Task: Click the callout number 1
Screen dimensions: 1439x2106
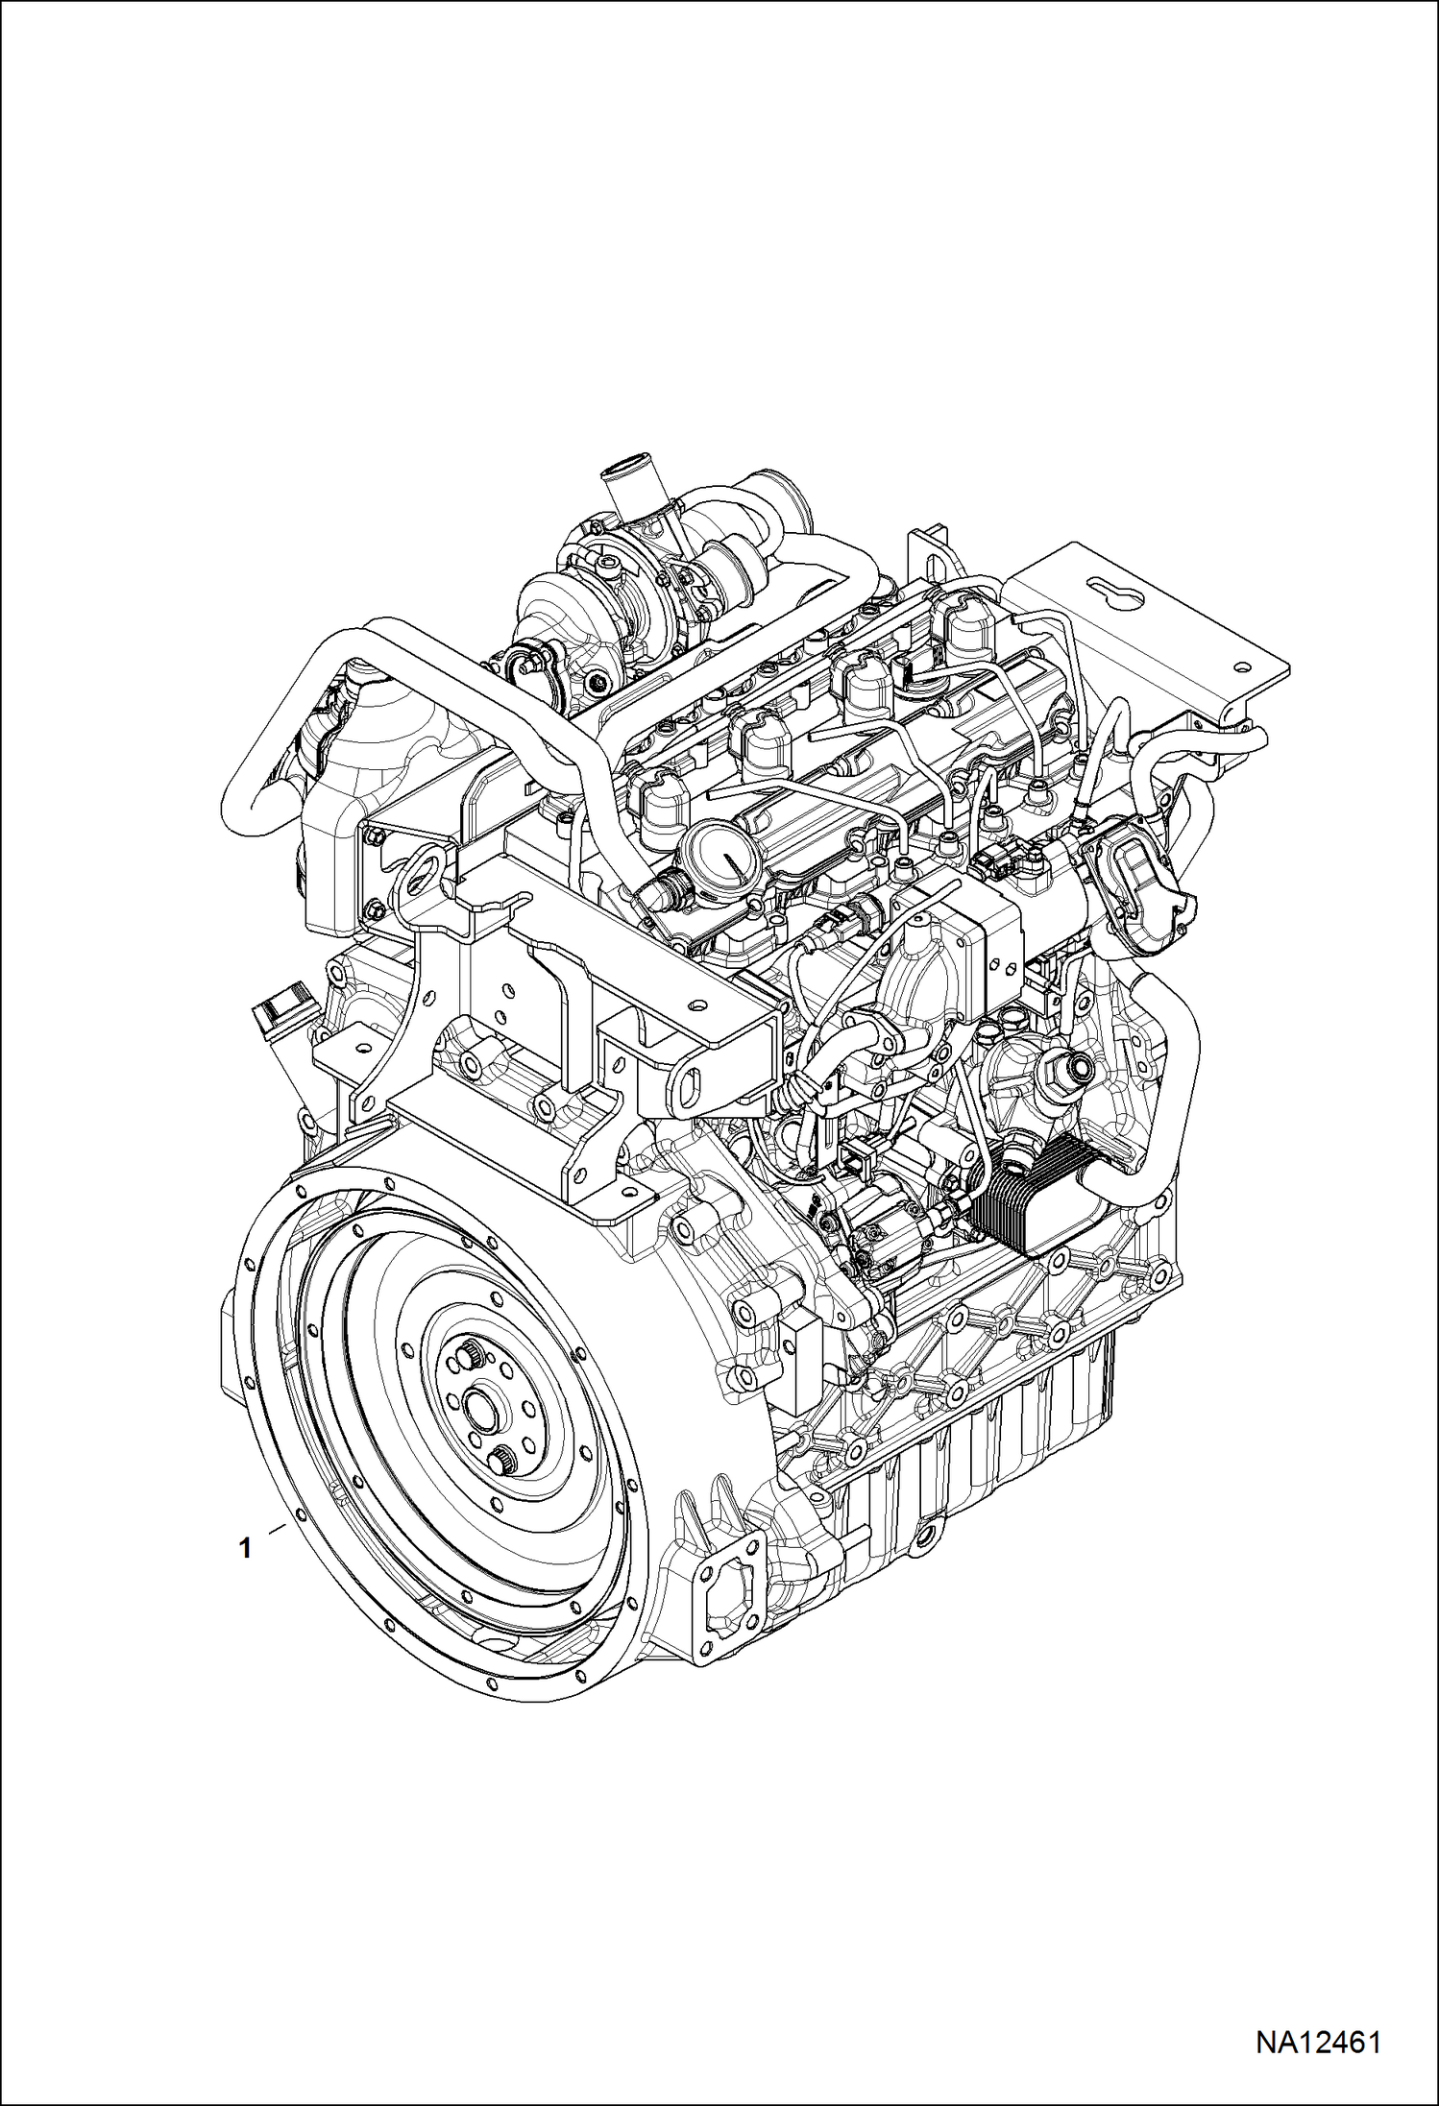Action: point(246,1548)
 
